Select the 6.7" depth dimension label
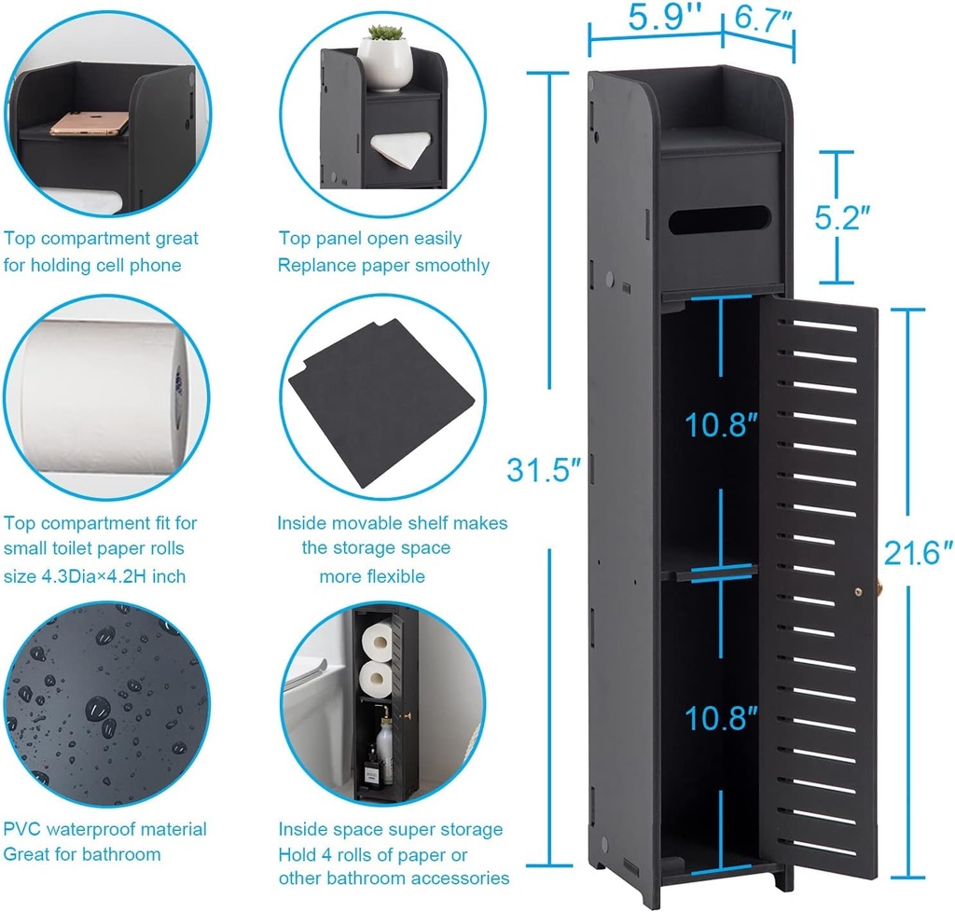tap(756, 18)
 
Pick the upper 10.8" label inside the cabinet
tap(721, 425)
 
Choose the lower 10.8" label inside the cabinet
tap(721, 718)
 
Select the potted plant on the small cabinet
tap(385, 56)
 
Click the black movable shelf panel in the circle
tap(382, 401)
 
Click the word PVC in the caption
tap(23, 829)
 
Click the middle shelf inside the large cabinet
tap(709, 570)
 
